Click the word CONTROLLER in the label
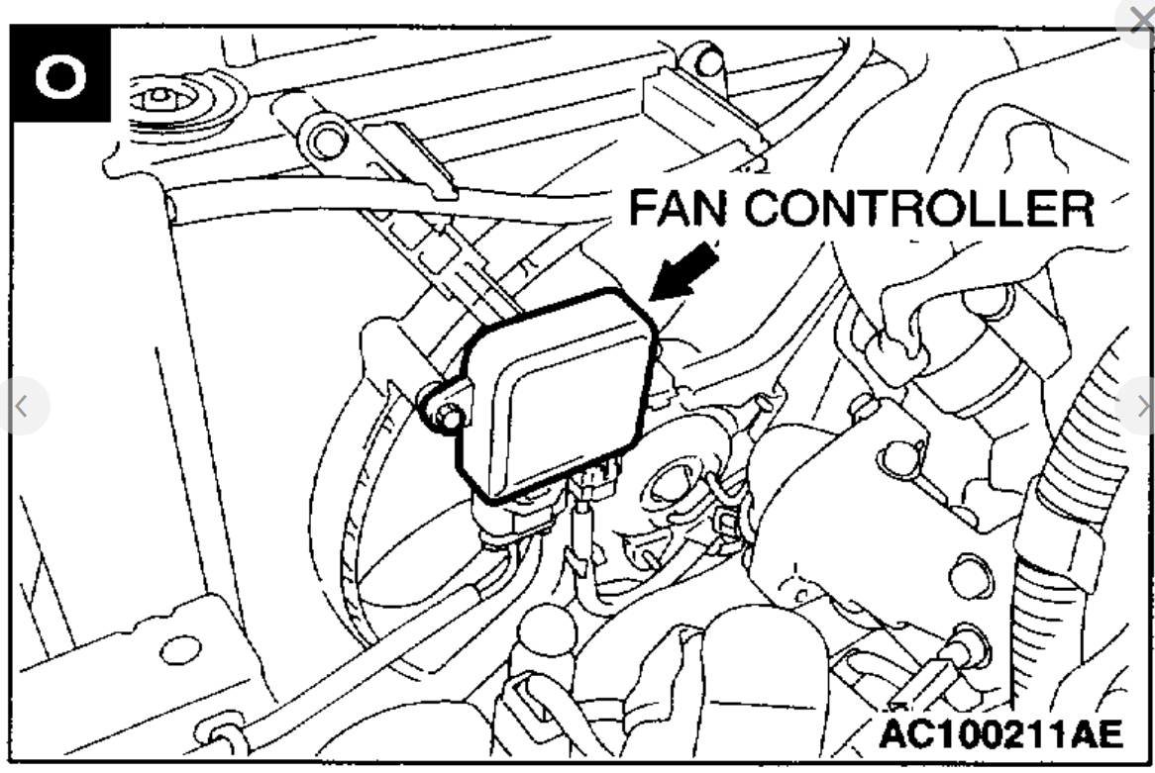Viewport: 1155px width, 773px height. (x=920, y=210)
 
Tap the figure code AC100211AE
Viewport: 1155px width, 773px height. (x=1000, y=735)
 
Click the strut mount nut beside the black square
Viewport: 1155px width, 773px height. (x=157, y=100)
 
